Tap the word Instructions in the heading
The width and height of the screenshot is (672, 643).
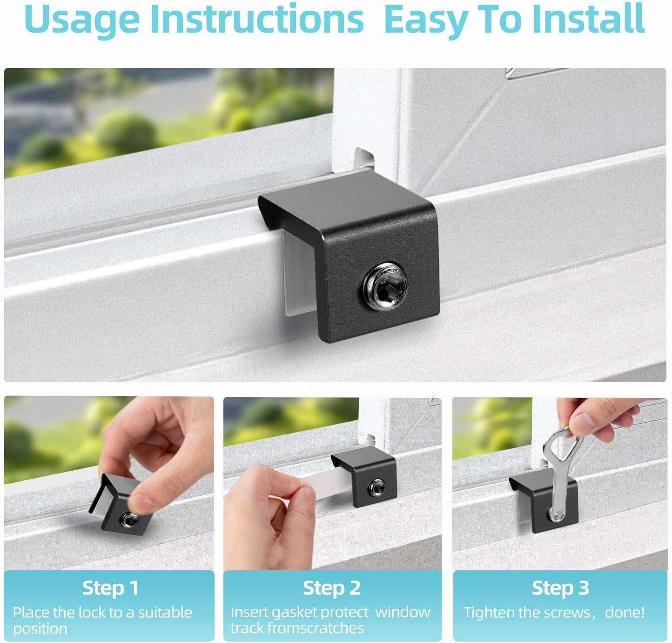[x=257, y=19]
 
